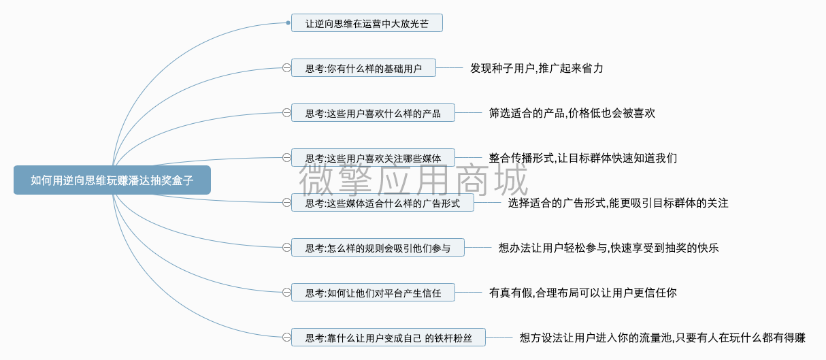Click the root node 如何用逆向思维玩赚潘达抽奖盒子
click(112, 180)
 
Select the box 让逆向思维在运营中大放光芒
click(367, 23)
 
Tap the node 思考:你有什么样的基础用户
click(363, 68)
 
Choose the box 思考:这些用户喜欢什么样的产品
click(373, 113)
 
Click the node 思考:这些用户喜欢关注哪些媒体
click(373, 158)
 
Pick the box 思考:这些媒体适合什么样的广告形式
click(383, 203)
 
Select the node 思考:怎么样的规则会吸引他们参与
click(378, 248)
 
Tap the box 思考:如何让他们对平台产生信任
click(373, 293)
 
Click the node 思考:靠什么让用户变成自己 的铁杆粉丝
click(389, 338)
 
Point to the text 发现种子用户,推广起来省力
click(537, 68)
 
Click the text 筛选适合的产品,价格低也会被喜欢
click(572, 113)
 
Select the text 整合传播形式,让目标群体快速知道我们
click(583, 159)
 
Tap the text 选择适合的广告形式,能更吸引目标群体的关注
click(618, 203)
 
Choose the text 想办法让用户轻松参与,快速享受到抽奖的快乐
click(608, 248)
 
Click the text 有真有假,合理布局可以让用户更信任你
click(583, 293)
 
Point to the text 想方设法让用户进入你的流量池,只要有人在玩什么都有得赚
click(663, 338)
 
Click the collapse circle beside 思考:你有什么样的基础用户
click(286, 68)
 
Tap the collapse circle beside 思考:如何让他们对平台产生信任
click(286, 293)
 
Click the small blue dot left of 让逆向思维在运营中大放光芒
click(288, 23)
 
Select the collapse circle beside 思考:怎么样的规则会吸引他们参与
click(286, 248)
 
